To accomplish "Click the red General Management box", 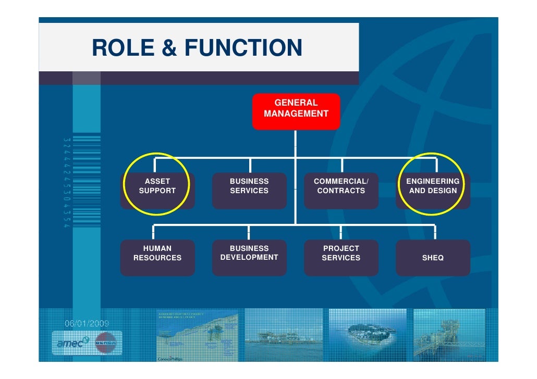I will coord(296,111).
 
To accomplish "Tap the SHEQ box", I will coord(433,258).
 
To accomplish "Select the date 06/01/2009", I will coord(87,323).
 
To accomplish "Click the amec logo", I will coord(72,343).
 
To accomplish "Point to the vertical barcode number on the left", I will coord(66,182).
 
